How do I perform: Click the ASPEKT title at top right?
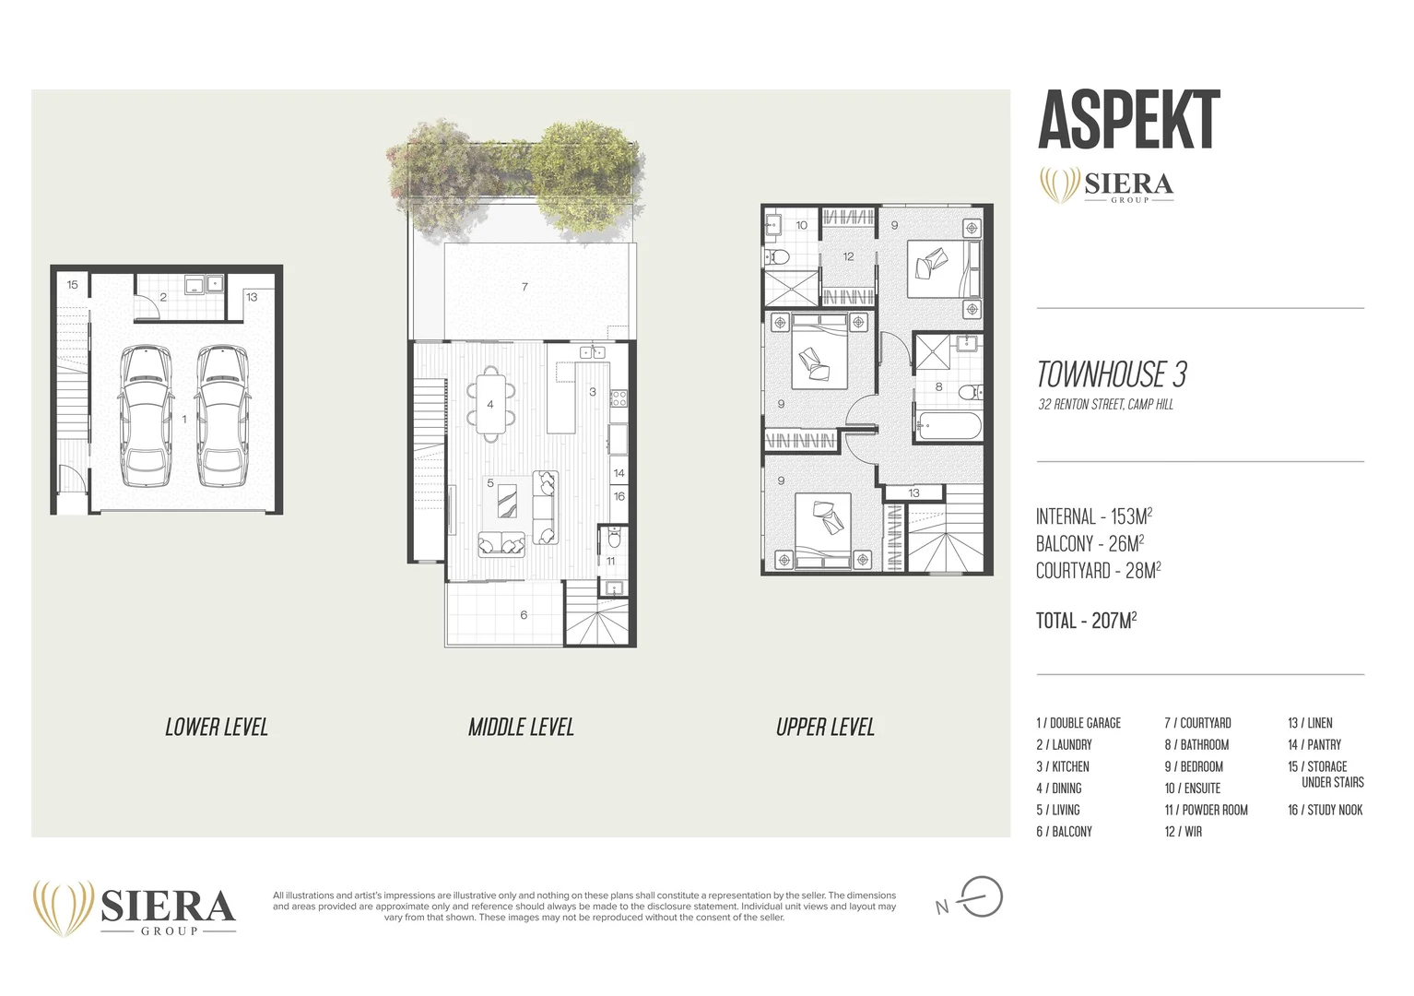[x=1128, y=121]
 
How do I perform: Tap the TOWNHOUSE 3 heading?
[x=1111, y=374]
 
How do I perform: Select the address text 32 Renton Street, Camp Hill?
[x=1105, y=405]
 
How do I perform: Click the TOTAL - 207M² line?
[x=1085, y=621]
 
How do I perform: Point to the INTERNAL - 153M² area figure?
[x=1093, y=516]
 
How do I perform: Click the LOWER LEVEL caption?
[x=217, y=728]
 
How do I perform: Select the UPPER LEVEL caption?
[x=825, y=728]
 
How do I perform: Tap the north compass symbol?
[x=980, y=897]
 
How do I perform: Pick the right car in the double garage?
[x=222, y=416]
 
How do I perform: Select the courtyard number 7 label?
[x=524, y=287]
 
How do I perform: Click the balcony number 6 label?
[x=524, y=615]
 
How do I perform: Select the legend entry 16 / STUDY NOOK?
[x=1325, y=810]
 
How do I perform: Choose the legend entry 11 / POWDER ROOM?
[x=1206, y=810]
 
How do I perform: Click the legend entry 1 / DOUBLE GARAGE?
[x=1078, y=723]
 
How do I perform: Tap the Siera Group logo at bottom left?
[x=135, y=908]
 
